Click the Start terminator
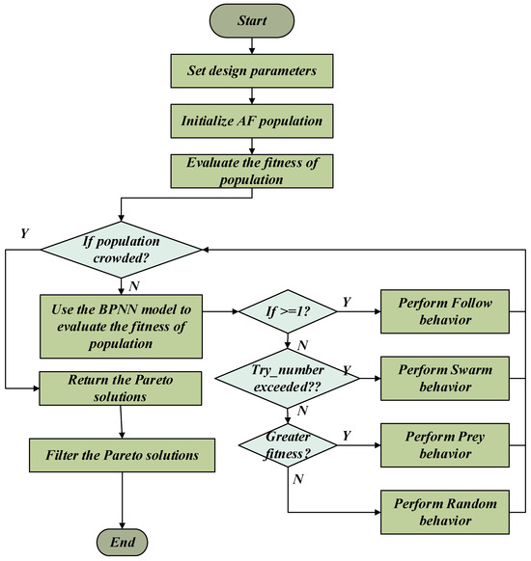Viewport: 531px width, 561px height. [x=252, y=20]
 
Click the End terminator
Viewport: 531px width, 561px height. [x=123, y=542]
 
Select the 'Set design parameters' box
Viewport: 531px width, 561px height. [x=252, y=70]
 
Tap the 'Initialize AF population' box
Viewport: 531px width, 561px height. [x=252, y=120]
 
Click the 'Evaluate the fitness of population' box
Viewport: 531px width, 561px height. [x=252, y=171]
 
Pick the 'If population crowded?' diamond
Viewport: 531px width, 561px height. [x=122, y=250]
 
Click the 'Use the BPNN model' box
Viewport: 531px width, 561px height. [x=121, y=327]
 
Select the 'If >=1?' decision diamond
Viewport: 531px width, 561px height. [x=288, y=311]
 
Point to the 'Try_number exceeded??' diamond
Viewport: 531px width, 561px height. [x=288, y=378]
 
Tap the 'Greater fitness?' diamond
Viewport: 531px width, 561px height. [x=288, y=445]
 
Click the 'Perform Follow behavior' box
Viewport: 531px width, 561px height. [x=445, y=311]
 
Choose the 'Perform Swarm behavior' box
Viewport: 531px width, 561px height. [x=445, y=378]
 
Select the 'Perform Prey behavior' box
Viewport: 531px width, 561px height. [x=445, y=445]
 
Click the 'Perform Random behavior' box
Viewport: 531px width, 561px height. [x=445, y=512]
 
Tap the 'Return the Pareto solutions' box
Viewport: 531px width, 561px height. [x=121, y=388]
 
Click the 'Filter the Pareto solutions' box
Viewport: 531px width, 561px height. [x=123, y=455]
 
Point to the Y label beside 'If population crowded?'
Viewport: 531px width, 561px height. [x=24, y=233]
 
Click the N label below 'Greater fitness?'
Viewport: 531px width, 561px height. [x=298, y=479]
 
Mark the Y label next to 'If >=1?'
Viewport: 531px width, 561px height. [x=347, y=303]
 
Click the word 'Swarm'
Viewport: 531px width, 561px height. [x=468, y=369]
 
